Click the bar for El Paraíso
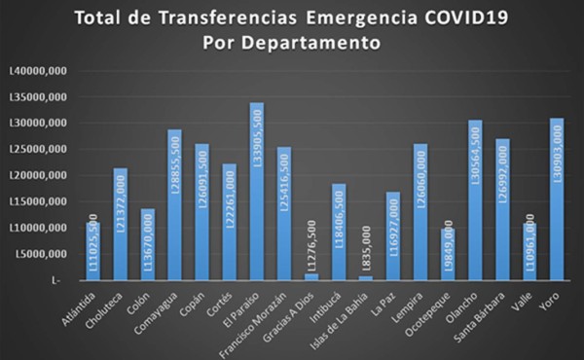229,191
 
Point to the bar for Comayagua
174,204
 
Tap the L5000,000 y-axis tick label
39,254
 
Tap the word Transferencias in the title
216,18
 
